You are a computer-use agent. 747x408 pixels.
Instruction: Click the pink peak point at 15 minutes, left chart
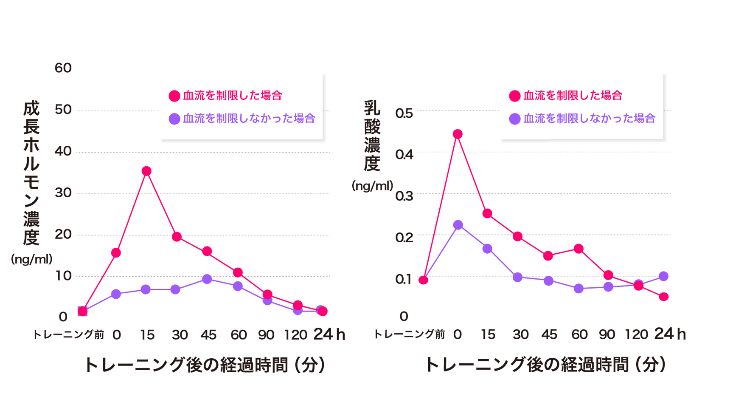click(x=146, y=171)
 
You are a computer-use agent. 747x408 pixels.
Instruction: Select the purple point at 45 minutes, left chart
click(x=207, y=279)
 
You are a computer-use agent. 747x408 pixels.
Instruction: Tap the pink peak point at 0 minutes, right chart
click(x=458, y=134)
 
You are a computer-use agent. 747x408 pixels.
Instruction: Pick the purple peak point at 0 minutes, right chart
click(x=458, y=225)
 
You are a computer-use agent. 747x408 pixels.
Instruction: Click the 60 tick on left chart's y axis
click(x=63, y=68)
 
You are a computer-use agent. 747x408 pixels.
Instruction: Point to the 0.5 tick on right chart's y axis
click(x=404, y=113)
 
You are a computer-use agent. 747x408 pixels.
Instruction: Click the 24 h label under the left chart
click(x=329, y=334)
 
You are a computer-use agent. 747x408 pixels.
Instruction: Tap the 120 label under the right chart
click(x=636, y=334)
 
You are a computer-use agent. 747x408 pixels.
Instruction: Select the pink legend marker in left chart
click(x=174, y=96)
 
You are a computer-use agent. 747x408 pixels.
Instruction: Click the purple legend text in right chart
click(x=589, y=119)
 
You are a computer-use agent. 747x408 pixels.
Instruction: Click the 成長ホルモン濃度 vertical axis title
click(x=31, y=173)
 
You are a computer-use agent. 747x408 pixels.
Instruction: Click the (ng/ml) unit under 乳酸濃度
click(x=372, y=186)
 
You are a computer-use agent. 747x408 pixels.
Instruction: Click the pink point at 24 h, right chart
click(x=664, y=297)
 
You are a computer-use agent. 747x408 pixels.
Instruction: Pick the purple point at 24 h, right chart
click(x=663, y=276)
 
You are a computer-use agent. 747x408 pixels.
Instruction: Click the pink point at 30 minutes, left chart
click(x=177, y=237)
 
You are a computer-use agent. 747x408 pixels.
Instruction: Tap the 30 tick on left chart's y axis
click(x=63, y=193)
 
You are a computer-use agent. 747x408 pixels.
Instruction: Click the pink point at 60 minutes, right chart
click(x=579, y=249)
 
